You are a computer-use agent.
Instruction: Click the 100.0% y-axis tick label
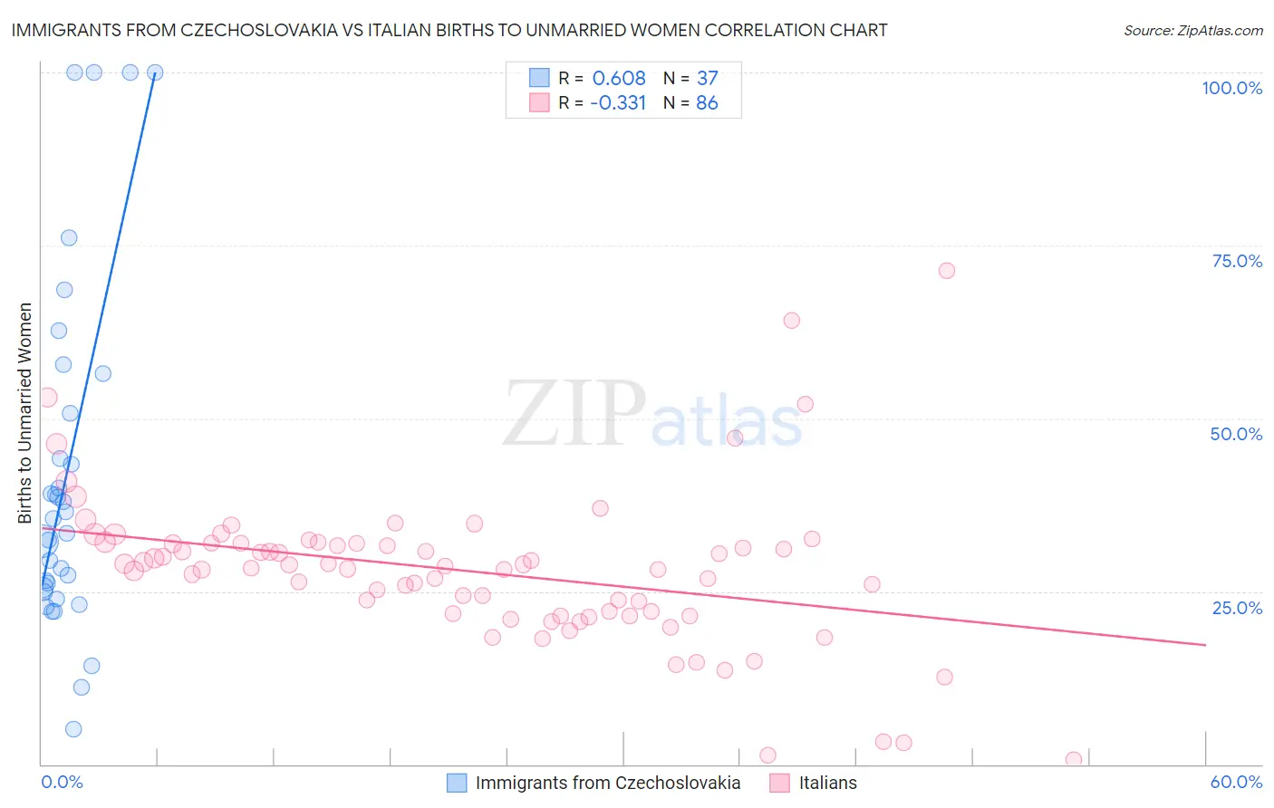[1231, 88]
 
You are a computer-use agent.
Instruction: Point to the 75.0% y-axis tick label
[1237, 261]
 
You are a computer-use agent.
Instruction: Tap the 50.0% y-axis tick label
[1236, 434]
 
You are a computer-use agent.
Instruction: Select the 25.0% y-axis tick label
[1237, 608]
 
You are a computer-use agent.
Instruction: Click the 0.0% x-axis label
[62, 782]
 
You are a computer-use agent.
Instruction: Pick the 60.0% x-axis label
[1236, 782]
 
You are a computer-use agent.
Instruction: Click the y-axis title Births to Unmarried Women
[25, 413]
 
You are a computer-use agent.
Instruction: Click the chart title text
[449, 30]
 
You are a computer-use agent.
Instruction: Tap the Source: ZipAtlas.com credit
[1192, 30]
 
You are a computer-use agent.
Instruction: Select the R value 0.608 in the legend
[619, 78]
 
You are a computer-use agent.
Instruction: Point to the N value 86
[707, 102]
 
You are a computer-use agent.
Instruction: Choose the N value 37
[707, 78]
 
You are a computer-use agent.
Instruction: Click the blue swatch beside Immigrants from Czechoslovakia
[457, 783]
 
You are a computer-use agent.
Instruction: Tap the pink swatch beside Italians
[780, 783]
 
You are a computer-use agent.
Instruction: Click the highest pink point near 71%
[947, 270]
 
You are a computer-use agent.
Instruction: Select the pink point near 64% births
[791, 320]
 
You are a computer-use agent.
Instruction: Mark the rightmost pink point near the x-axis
[1074, 759]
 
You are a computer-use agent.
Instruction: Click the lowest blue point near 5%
[73, 729]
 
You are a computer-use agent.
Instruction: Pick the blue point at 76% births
[69, 238]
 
